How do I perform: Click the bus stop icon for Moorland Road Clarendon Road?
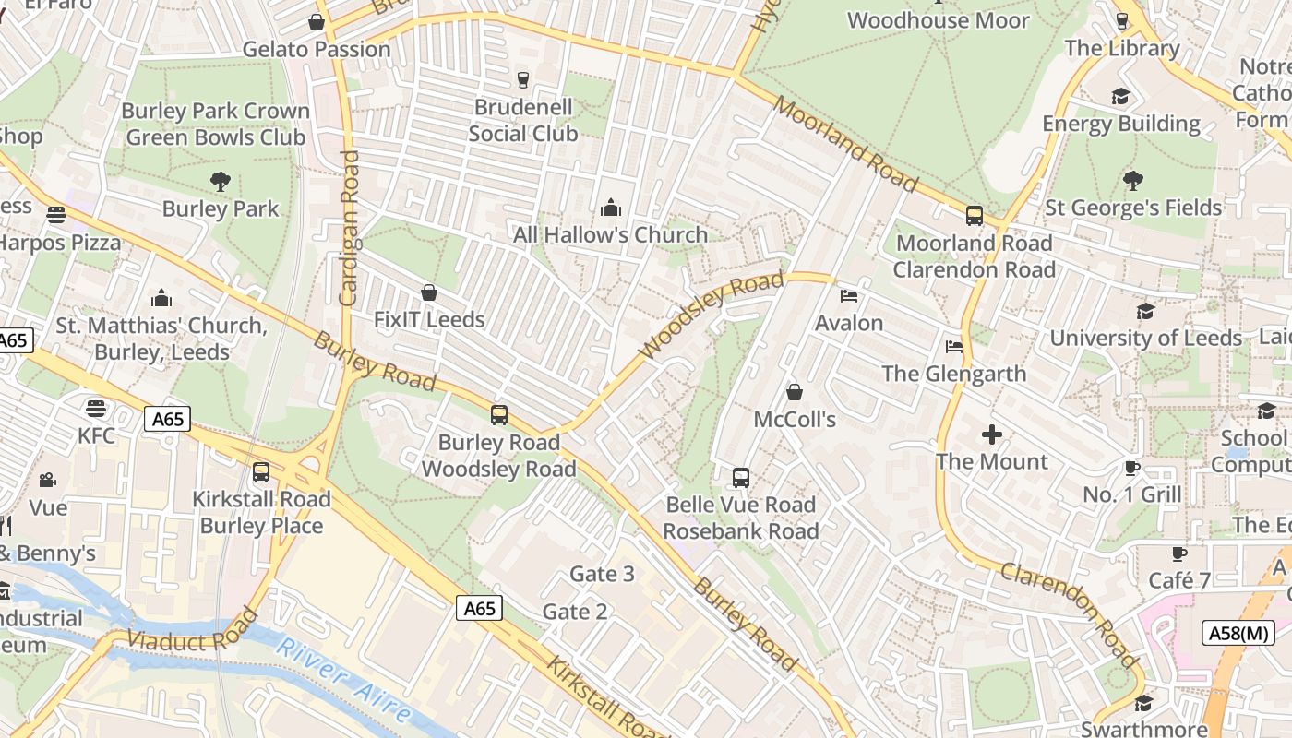coord(974,216)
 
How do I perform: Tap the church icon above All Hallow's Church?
coord(610,208)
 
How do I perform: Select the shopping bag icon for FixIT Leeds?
coord(429,293)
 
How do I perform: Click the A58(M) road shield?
coord(1238,633)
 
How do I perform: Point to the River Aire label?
coord(343,681)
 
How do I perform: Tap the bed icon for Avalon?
coord(849,296)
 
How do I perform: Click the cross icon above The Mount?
coord(992,434)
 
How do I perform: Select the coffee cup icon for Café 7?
coord(1178,553)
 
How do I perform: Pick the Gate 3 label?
coord(602,574)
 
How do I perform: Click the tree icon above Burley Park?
coord(220,182)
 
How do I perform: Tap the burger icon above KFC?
coord(96,408)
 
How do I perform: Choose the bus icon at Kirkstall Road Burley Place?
coord(261,472)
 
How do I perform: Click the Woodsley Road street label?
coord(711,315)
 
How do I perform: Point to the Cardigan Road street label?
coord(349,228)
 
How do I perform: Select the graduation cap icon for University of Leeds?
coord(1145,311)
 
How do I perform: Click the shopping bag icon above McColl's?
coord(794,393)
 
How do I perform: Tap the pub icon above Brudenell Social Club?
coord(523,80)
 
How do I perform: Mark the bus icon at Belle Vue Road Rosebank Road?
coord(740,478)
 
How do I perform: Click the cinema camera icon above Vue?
coord(47,481)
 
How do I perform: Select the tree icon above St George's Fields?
coord(1132,181)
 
